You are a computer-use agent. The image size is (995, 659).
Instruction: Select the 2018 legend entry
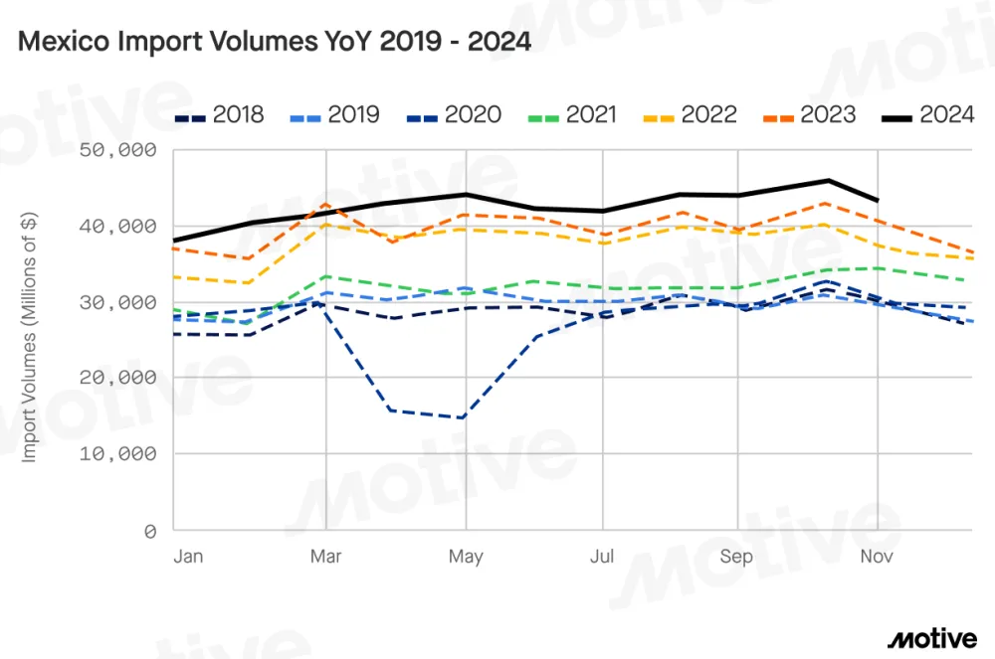click(220, 115)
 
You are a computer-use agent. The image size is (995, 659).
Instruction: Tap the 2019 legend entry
click(335, 115)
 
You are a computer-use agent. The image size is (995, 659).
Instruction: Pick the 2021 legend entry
click(574, 115)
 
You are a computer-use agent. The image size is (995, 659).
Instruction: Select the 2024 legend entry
click(929, 115)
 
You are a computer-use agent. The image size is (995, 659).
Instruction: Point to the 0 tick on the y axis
click(150, 531)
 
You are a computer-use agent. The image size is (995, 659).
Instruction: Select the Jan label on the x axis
click(188, 557)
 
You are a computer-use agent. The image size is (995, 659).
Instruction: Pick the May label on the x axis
click(466, 557)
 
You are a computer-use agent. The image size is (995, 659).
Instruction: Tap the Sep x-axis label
click(737, 557)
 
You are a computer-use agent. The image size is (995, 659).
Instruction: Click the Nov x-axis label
click(877, 557)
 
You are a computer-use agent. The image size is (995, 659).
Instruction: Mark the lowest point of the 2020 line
click(464, 417)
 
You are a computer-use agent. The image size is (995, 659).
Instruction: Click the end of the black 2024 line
click(877, 201)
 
